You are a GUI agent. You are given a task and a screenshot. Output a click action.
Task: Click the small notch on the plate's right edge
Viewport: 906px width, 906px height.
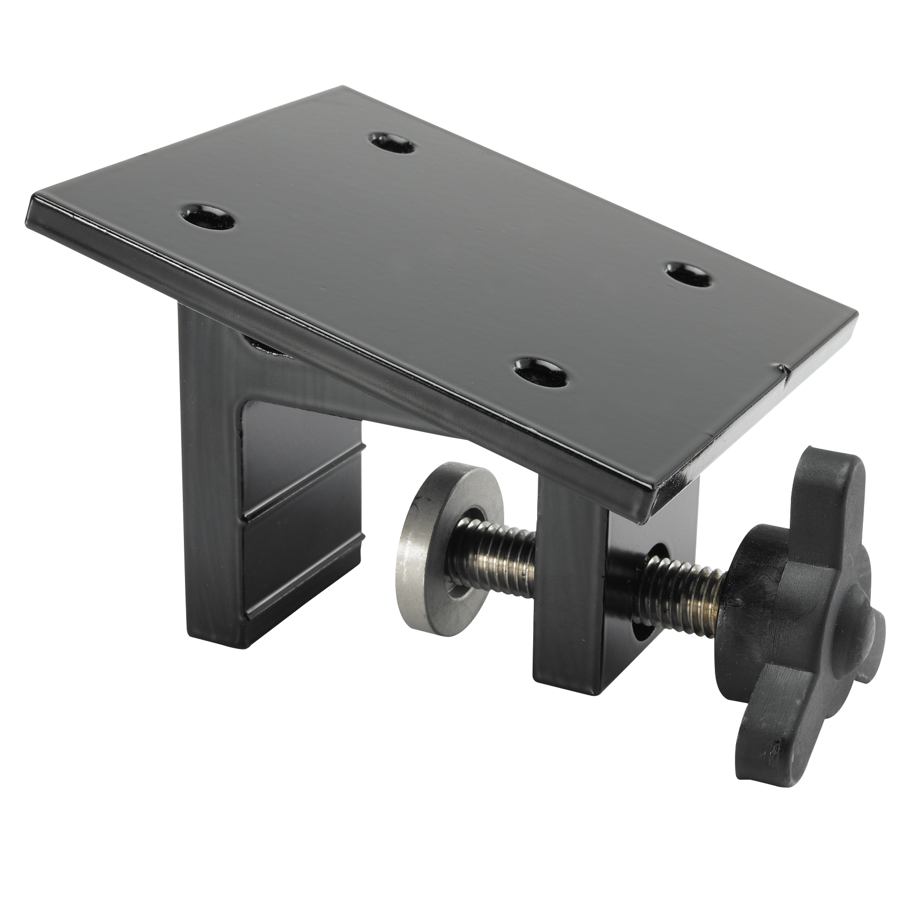(785, 368)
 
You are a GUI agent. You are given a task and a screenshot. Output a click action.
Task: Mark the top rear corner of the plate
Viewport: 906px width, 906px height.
(342, 88)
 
